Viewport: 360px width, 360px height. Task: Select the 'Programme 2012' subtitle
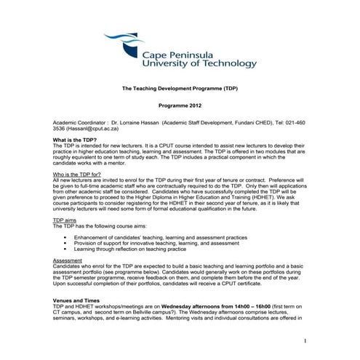point(180,105)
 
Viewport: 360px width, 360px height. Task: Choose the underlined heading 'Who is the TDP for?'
point(79,175)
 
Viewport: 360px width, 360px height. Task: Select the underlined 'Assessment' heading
point(70,260)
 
